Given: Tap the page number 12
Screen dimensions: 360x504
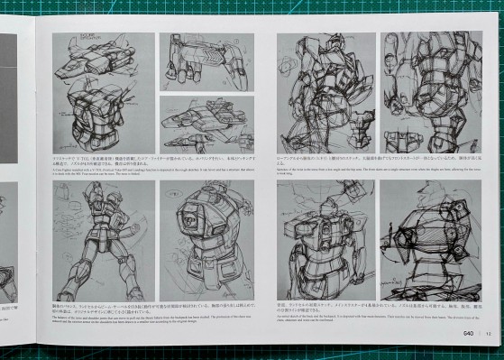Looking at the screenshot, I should click(488, 331).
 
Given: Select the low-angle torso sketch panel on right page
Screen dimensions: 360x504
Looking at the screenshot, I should click(325, 92).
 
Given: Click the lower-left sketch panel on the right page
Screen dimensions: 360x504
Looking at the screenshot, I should click(325, 242).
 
